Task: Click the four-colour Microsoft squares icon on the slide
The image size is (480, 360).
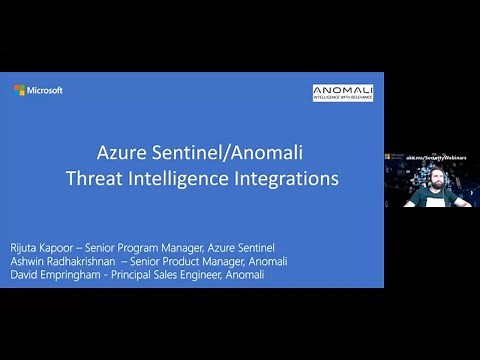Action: pos(19,90)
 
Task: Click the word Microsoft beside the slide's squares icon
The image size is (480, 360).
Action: pos(45,90)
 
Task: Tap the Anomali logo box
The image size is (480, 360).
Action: pos(342,93)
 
